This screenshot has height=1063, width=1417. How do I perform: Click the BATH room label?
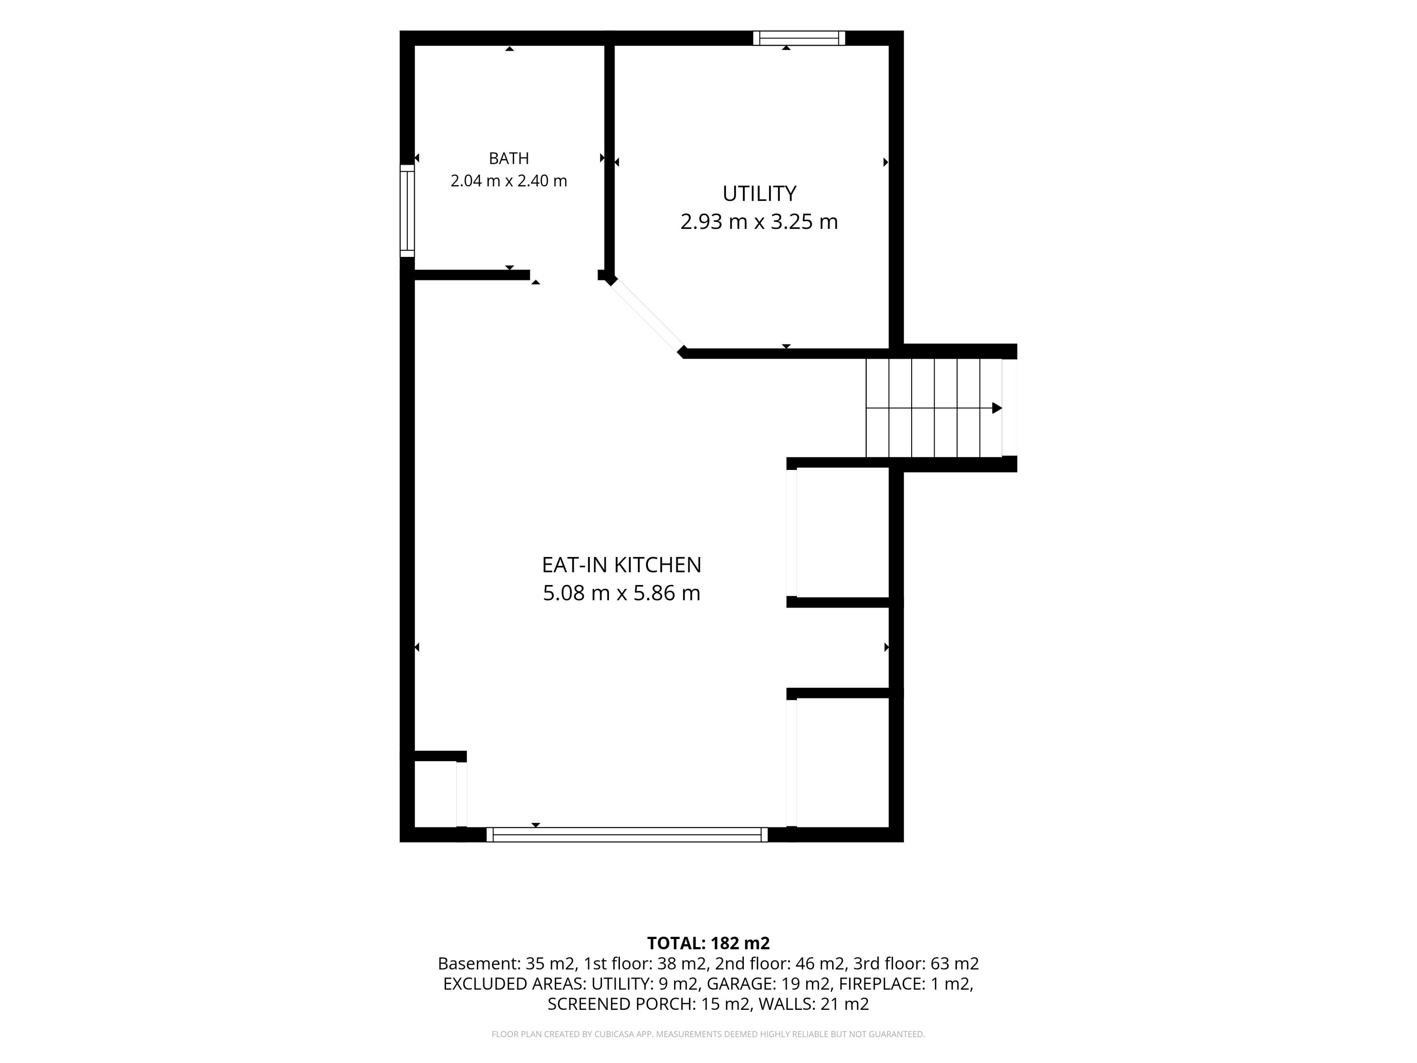pos(508,158)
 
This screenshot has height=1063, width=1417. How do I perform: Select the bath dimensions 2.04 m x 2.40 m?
pos(508,181)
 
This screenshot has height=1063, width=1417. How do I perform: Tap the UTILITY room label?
pos(759,193)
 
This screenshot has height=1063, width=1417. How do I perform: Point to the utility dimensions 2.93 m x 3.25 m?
pos(759,222)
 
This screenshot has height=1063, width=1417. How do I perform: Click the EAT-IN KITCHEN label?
pos(621,565)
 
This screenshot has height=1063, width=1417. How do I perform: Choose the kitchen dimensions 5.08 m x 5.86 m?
pos(621,593)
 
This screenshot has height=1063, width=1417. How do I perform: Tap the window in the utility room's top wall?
pos(799,38)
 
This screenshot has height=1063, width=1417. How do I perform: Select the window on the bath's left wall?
pos(407,211)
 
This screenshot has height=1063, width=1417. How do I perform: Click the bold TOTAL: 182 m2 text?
pos(708,943)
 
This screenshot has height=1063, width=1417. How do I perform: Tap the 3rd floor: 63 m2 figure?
pos(916,964)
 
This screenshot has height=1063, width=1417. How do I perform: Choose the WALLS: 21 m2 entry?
pos(814,1004)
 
